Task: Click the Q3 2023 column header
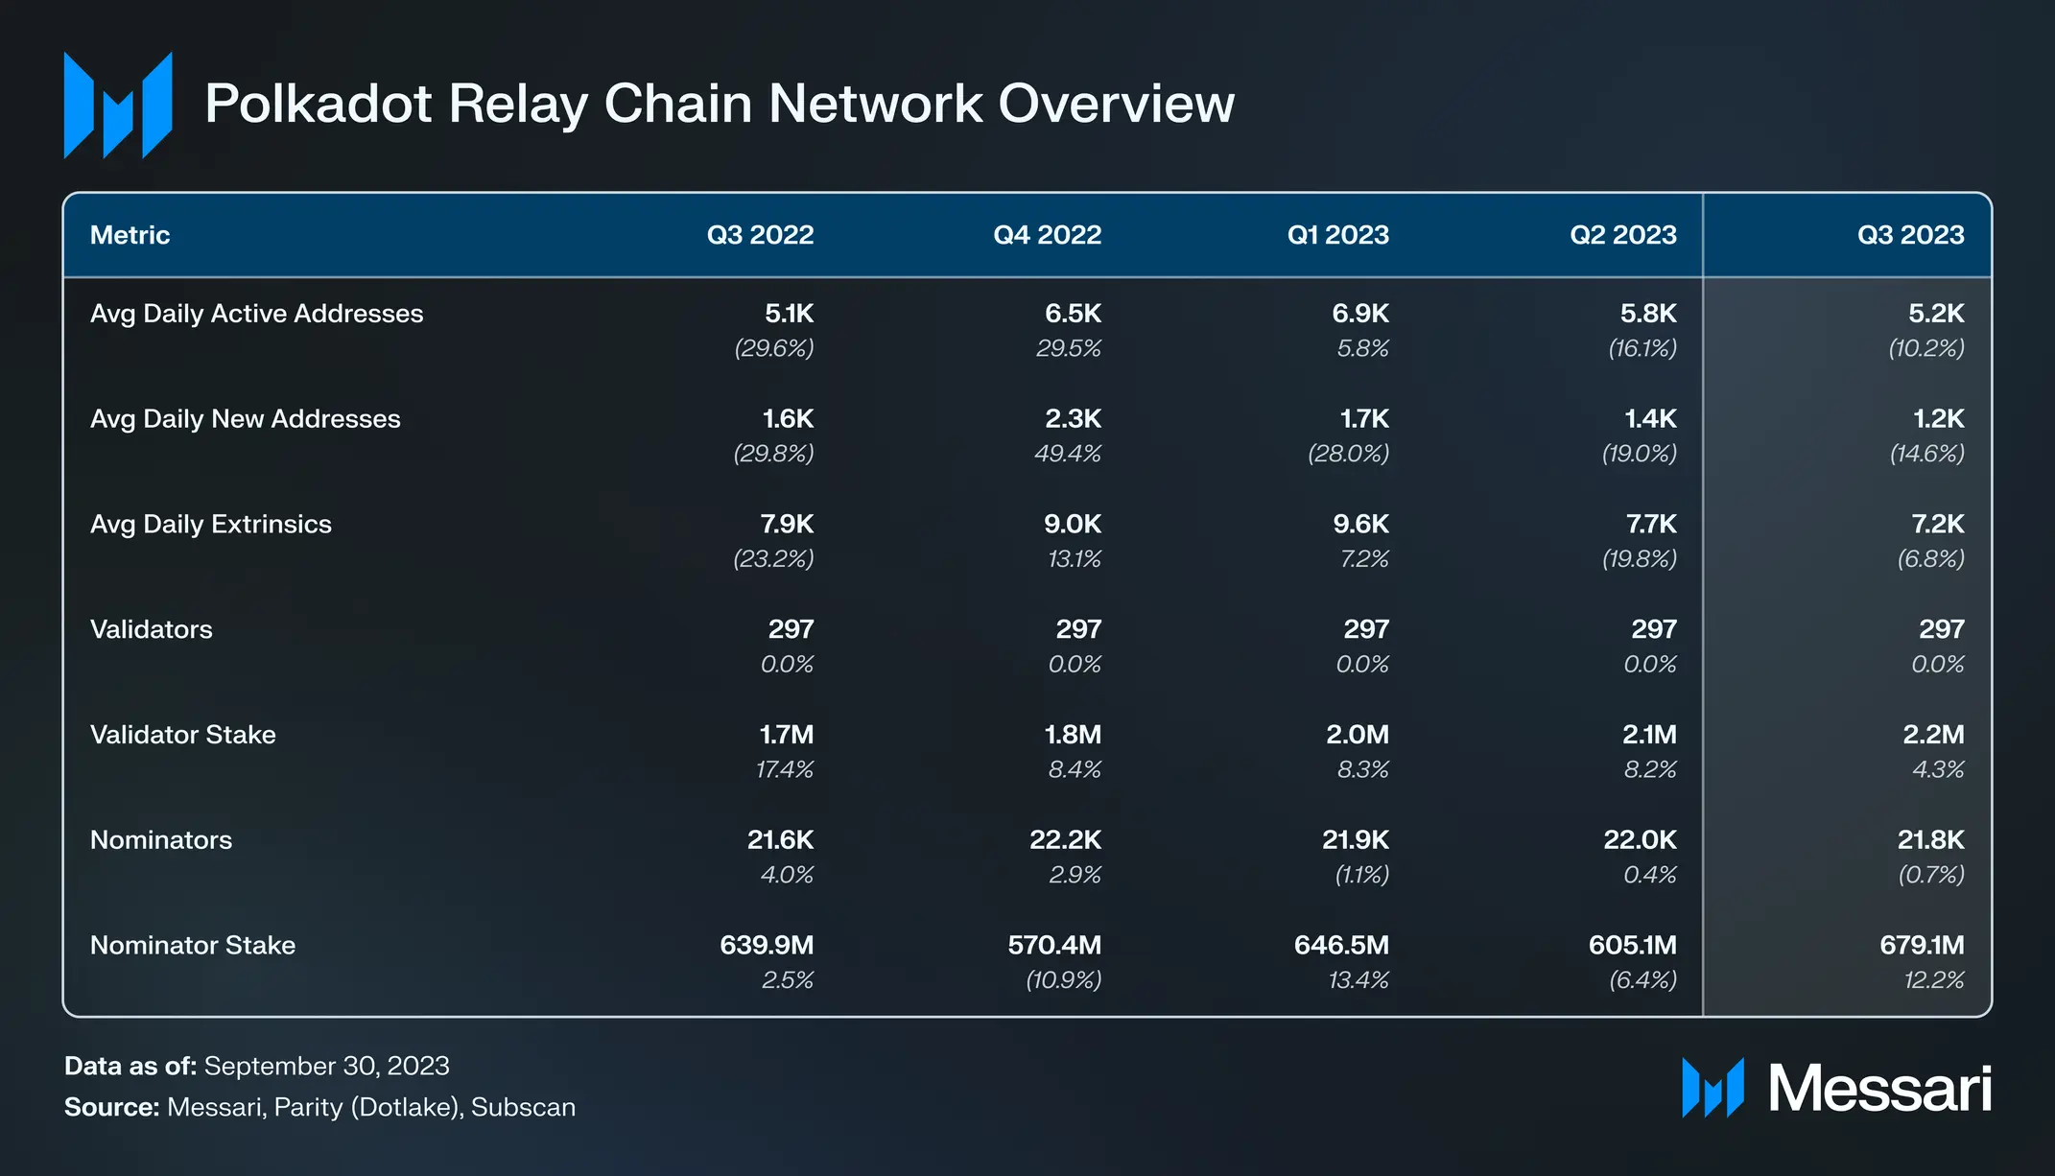pos(1910,235)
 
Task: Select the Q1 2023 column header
pos(1337,235)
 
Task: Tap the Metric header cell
pos(130,235)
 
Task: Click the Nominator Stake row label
pos(193,946)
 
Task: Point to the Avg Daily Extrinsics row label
pos(211,525)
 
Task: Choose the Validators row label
pos(152,630)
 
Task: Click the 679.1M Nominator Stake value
pos(1922,946)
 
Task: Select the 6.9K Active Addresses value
pos(1360,314)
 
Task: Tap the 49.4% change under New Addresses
pos(1068,454)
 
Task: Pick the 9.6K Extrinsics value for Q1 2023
pos(1360,525)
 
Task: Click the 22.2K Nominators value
pos(1065,840)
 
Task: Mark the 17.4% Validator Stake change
pos(785,770)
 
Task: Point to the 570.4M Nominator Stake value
pos(1054,946)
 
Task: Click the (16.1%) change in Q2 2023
pos(1642,348)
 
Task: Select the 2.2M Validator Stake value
pos(1933,735)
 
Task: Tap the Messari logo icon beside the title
pos(118,105)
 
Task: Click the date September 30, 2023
pos(326,1066)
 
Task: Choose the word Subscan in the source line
pos(523,1107)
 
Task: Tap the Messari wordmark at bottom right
pos(1879,1089)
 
